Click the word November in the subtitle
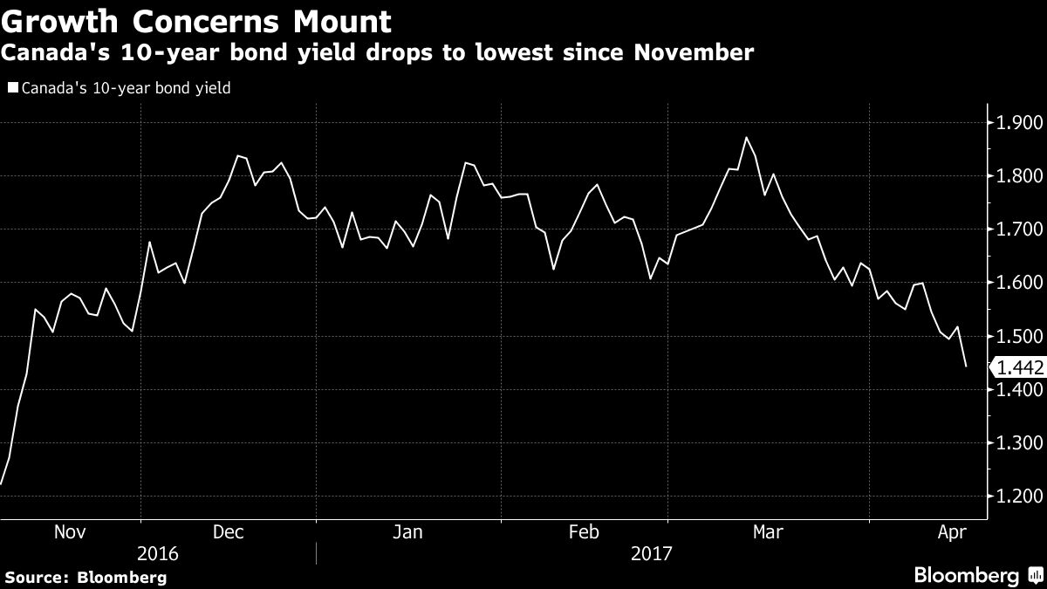(688, 53)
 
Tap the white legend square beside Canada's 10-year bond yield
(12, 88)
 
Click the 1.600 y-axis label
(1019, 283)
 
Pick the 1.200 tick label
(1019, 497)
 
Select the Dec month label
(229, 531)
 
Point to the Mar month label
(768, 531)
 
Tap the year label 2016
(158, 553)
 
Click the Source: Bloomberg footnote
(85, 577)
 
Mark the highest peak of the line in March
(746, 137)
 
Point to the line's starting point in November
(2, 483)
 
